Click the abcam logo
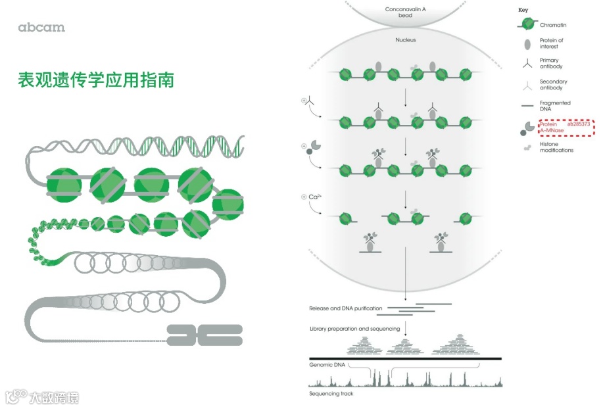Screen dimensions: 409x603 [x=41, y=28]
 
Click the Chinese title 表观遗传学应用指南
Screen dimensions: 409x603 [x=96, y=80]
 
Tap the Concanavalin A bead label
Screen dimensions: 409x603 [x=406, y=12]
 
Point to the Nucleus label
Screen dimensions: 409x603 [x=406, y=40]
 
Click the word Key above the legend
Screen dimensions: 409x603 [x=523, y=11]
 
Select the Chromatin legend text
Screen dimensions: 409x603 [x=553, y=25]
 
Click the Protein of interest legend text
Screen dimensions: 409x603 [x=552, y=43]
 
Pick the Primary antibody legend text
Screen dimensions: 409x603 [x=551, y=63]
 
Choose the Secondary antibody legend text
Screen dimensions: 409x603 [x=554, y=85]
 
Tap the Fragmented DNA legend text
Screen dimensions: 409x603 [x=555, y=106]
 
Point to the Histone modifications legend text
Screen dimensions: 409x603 [x=556, y=147]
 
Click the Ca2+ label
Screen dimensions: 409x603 [x=314, y=197]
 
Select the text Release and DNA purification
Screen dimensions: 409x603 [x=346, y=308]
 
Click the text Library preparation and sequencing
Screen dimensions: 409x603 [x=354, y=328]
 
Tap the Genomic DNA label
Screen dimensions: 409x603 [x=327, y=364]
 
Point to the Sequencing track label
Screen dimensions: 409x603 [x=331, y=394]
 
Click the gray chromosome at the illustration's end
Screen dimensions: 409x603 [x=205, y=335]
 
